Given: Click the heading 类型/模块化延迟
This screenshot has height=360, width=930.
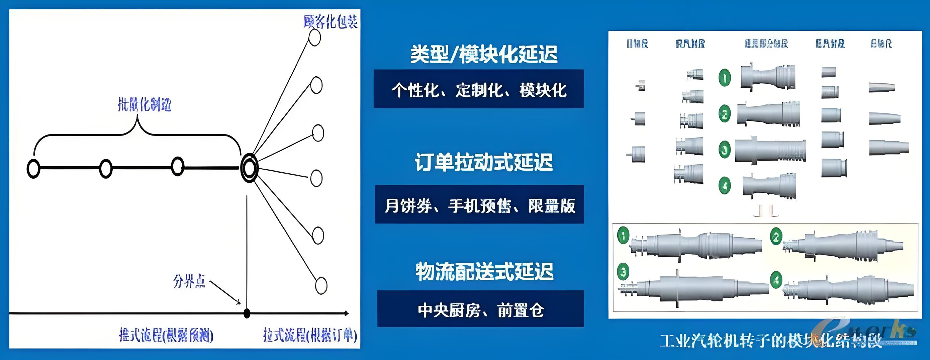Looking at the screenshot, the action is coord(483,54).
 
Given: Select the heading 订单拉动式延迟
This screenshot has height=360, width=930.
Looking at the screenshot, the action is coord(483,162).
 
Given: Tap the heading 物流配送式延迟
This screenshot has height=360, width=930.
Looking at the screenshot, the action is coord(484,272).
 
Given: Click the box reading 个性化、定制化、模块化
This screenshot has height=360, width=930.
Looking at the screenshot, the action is coord(479,89).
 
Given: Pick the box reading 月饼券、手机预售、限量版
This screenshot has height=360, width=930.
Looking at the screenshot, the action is coord(479,205).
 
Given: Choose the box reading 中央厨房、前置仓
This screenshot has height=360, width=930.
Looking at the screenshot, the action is coord(480,309).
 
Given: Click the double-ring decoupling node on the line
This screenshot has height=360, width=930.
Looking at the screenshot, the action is coord(249,168).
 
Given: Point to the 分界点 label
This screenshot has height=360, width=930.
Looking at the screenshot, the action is coord(189,281).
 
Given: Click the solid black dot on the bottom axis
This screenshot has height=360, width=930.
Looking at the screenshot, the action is coord(247,313).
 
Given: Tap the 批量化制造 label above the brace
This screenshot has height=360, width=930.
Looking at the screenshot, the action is coord(144,105).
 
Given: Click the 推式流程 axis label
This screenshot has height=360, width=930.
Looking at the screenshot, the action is coord(166,336).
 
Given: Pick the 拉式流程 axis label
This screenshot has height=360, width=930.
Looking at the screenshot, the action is coord(310,336).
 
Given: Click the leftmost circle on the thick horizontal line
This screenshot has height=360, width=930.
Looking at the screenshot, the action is coord(33,169).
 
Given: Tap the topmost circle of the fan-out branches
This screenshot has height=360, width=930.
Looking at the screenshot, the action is coord(314,37).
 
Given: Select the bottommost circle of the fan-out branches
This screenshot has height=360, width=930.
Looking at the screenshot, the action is coord(321,285).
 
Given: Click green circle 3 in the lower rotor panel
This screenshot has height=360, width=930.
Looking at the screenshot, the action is coord(623,271).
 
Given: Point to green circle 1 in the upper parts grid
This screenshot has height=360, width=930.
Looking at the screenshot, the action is coord(725,78).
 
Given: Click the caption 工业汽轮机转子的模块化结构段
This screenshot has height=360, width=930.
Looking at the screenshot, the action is coord(769,341).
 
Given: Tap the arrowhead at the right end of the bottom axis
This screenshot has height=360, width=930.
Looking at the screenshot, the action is coord(346,313).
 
